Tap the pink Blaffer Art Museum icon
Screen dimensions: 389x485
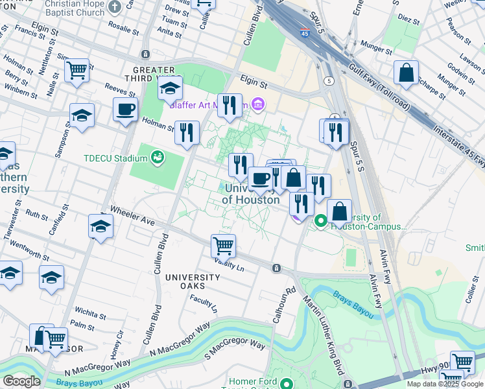pos(258,104)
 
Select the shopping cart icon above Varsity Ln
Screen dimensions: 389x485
pos(223,246)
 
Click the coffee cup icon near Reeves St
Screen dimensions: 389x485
pos(126,109)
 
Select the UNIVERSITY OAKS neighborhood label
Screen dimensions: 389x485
pos(185,281)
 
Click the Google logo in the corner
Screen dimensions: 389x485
pos(21,381)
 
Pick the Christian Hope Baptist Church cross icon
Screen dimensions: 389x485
pos(115,8)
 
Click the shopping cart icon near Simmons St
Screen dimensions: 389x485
pos(77,69)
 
